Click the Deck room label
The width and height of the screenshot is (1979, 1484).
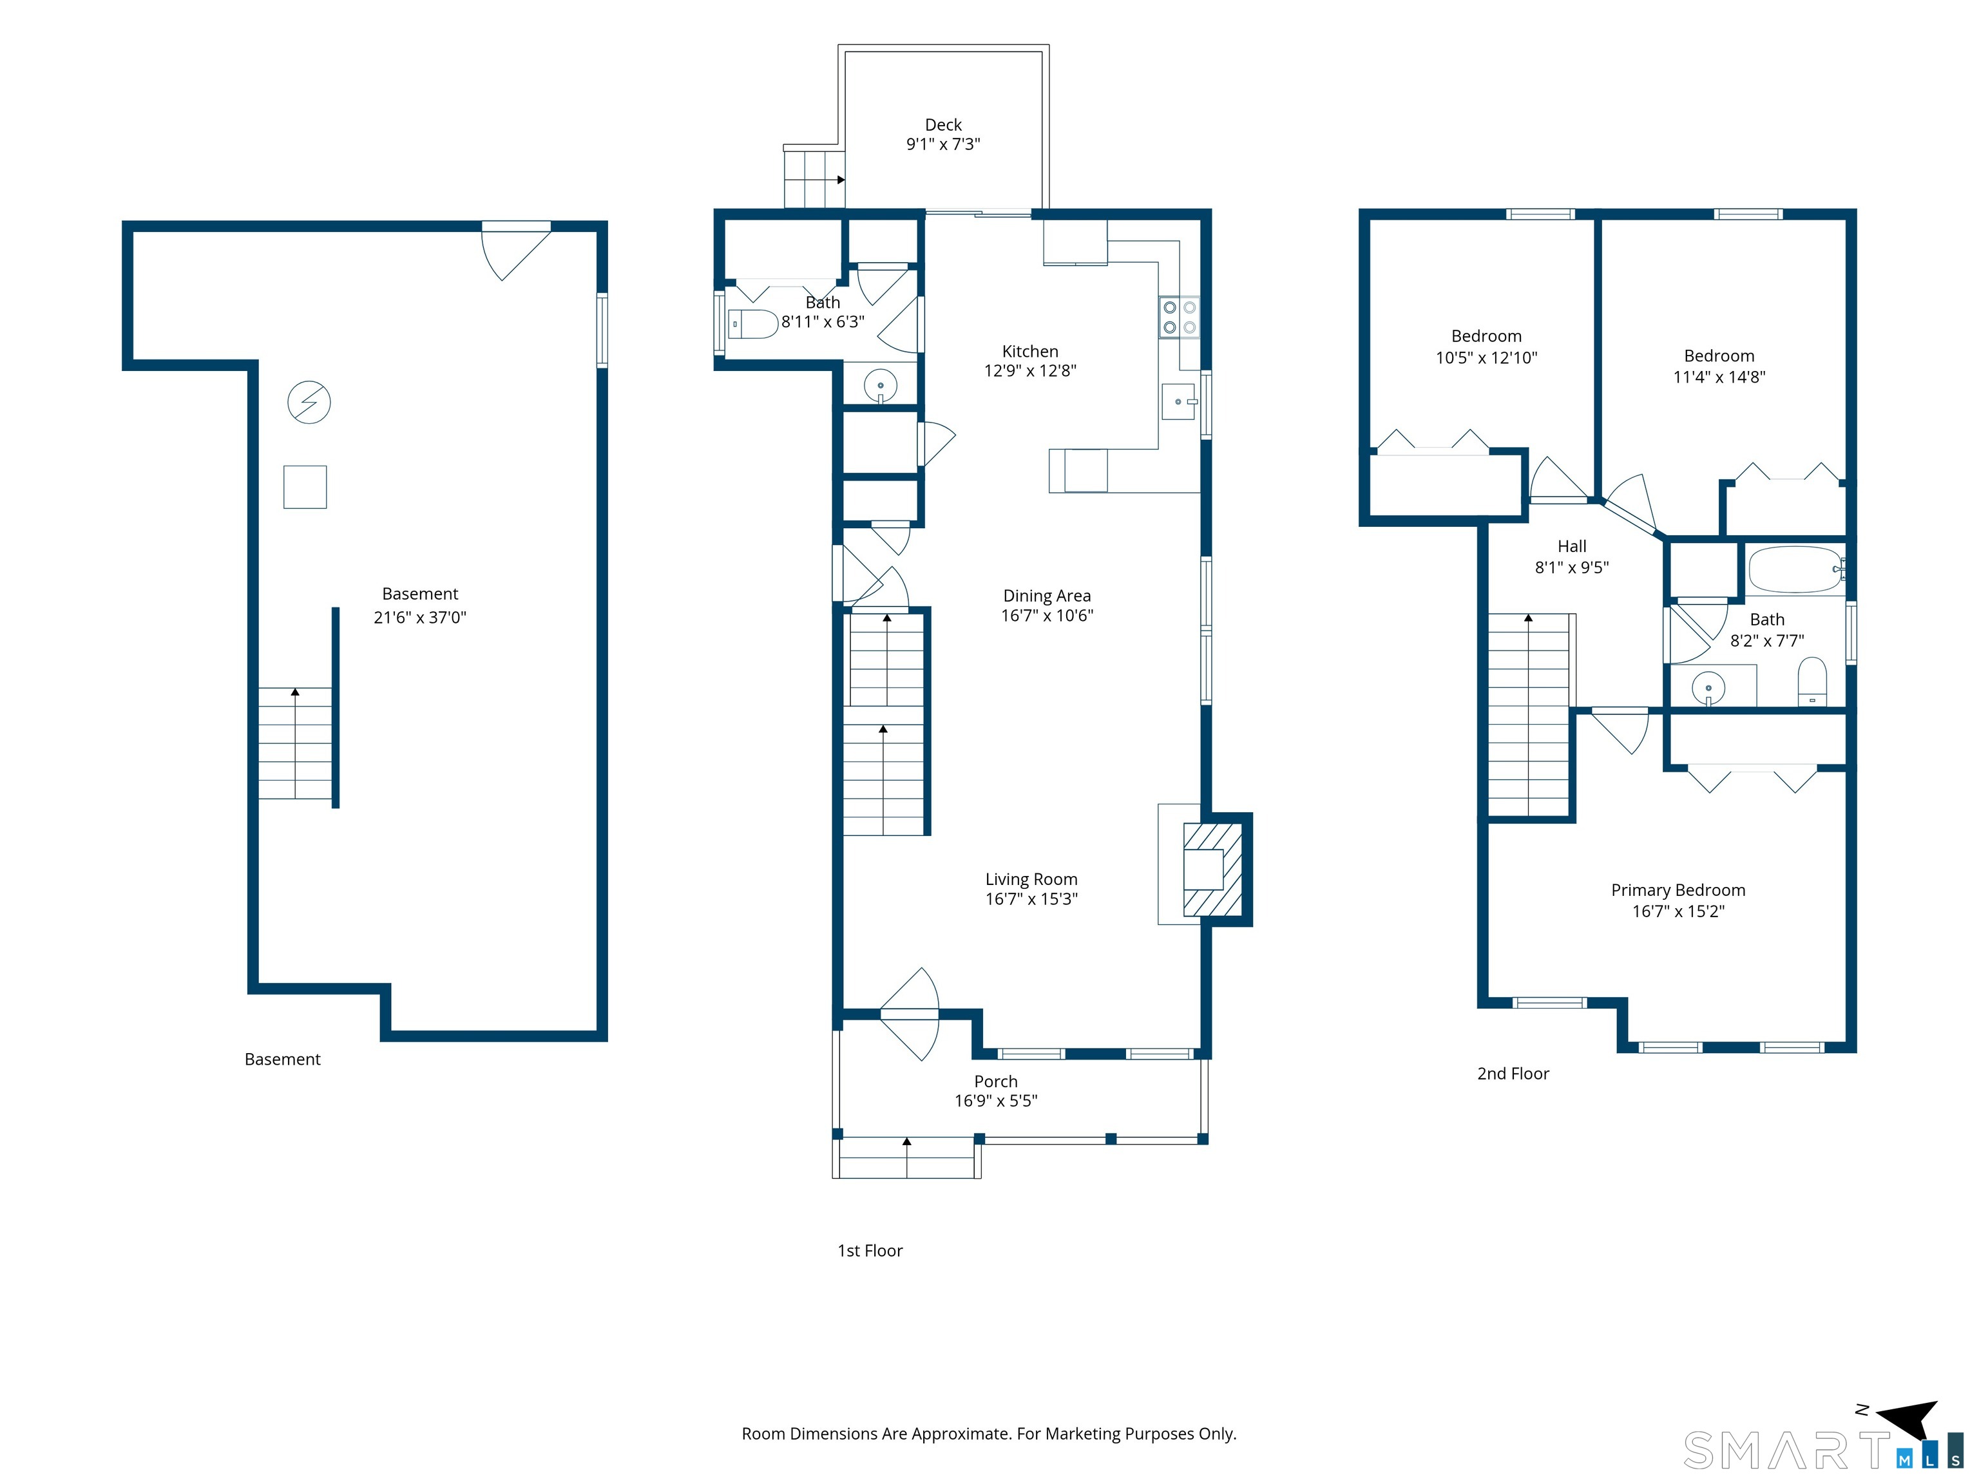[x=943, y=125]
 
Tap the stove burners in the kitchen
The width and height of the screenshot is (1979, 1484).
[x=1179, y=318]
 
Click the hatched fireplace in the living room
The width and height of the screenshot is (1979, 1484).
[x=1213, y=870]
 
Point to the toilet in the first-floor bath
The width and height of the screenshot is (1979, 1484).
[x=752, y=324]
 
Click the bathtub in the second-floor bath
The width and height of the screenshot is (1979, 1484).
[x=1795, y=570]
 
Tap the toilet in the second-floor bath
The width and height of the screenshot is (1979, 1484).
[x=1812, y=681]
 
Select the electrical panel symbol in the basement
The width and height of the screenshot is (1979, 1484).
[x=309, y=403]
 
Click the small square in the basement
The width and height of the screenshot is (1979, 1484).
[x=305, y=487]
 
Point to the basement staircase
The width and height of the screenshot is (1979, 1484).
[x=295, y=743]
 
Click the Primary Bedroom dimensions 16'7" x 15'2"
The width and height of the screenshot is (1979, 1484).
[x=1678, y=911]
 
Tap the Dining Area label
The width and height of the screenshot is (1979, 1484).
[x=1047, y=596]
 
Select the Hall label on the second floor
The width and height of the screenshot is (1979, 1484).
[x=1572, y=547]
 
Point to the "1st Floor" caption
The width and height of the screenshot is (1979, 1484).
[x=870, y=1251]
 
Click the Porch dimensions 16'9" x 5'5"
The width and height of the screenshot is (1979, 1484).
[x=996, y=1101]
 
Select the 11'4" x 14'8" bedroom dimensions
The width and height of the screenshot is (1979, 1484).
[x=1719, y=377]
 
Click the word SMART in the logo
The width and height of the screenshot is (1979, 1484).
[x=1785, y=1452]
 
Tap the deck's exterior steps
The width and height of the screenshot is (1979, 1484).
[x=814, y=179]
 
